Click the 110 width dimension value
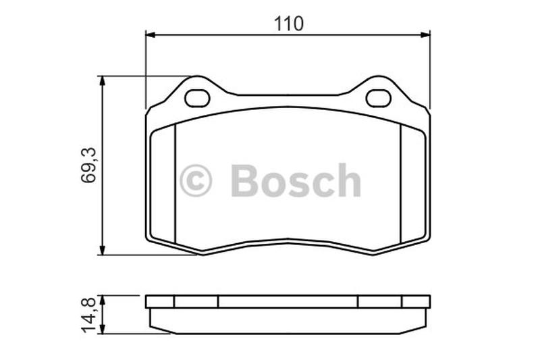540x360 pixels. pos(289,24)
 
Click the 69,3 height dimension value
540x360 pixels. pos(88,165)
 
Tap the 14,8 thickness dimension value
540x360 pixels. pos(88,315)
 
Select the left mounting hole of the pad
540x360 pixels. pos(197,99)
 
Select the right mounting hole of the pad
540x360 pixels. pos(379,99)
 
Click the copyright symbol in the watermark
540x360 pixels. pos(196,180)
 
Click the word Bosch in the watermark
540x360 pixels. pos(296,180)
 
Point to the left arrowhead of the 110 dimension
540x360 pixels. pos(151,34)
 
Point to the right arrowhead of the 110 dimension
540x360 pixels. pos(425,34)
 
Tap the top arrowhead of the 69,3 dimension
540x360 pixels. pos(102,81)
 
